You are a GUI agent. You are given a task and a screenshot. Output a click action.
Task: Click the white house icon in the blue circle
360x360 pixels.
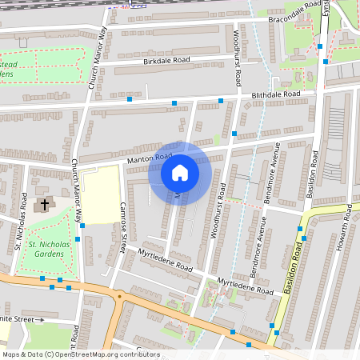click(180, 172)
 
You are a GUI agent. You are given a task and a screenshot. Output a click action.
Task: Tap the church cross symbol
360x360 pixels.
click(44, 204)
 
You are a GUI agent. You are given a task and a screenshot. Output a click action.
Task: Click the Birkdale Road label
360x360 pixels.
click(166, 60)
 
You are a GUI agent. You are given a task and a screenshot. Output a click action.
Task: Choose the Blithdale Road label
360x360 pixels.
click(275, 94)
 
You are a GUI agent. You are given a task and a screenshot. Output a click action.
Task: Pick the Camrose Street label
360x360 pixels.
click(124, 224)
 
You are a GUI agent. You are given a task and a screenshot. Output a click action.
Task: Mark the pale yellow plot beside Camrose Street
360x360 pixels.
click(100, 196)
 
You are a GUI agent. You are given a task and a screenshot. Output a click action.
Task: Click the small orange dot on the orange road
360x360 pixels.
click(119, 297)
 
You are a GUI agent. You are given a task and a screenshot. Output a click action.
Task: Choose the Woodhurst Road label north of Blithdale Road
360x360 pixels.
click(237, 60)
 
